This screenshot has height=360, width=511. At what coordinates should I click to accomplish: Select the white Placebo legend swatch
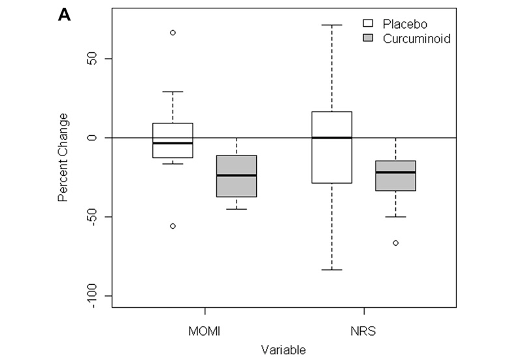pos(368,24)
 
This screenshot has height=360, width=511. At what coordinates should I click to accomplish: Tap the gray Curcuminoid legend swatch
pos(368,39)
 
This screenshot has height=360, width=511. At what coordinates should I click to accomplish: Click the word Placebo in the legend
pos(403,24)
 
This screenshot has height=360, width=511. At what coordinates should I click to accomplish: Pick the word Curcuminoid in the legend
pos(416,39)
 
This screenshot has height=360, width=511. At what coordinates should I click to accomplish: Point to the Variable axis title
pos(284,350)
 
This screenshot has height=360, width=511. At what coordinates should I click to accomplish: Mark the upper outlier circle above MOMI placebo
pos(173,32)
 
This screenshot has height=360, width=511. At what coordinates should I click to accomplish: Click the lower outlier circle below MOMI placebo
pos(173,226)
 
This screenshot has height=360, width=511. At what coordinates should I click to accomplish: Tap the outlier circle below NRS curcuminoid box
pos(395,243)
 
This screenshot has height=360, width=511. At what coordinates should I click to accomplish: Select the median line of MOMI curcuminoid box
pos(236,175)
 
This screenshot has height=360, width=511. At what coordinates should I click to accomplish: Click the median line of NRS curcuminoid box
pos(395,172)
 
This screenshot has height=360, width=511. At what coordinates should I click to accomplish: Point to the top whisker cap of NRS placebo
pos(332,25)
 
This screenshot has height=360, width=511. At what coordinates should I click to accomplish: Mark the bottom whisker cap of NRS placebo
pos(332,270)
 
